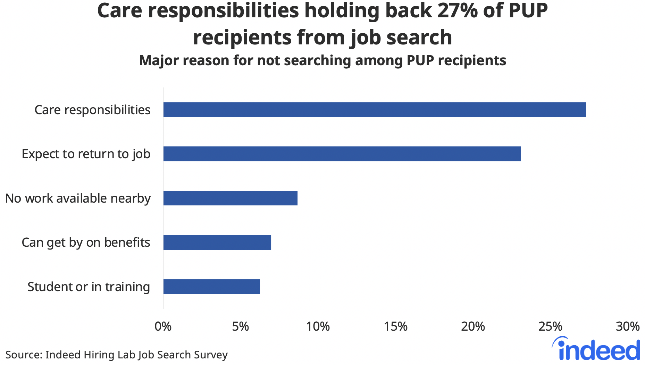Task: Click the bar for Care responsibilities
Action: pos(374,110)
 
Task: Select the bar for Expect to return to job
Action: pos(342,154)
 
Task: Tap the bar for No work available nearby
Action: pos(230,198)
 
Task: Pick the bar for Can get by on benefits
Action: pos(217,242)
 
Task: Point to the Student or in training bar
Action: pos(211,287)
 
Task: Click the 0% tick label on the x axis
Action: pos(163,326)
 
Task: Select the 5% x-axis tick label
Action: pos(240,326)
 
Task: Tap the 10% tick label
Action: pos(318,326)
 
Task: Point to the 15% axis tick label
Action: pos(395,326)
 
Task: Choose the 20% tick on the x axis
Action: pos(473,326)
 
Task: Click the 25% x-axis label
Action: pos(550,326)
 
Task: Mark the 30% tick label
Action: pos(628,326)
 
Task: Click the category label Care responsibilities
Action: pos(92,110)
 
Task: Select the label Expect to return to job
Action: pos(86,154)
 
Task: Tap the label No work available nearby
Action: pos(78,198)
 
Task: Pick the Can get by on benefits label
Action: pos(86,243)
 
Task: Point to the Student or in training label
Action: pos(89,287)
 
